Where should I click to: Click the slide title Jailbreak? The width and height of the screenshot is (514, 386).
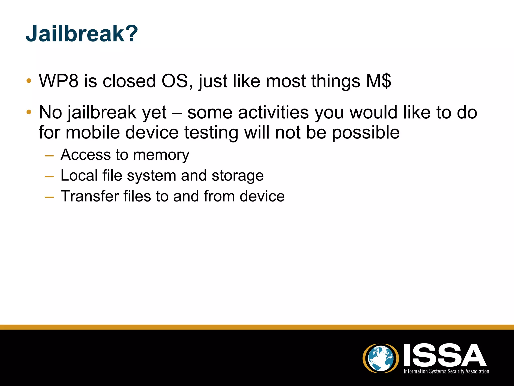(x=82, y=34)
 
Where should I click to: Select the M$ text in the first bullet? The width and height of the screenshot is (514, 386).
(x=378, y=81)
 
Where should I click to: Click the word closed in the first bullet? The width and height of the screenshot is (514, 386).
(x=129, y=81)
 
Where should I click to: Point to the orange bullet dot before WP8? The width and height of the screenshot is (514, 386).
(x=29, y=81)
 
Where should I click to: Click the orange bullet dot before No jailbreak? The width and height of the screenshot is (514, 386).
(x=29, y=112)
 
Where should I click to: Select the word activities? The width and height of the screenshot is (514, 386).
(x=273, y=112)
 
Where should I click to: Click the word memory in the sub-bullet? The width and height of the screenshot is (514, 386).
(x=161, y=155)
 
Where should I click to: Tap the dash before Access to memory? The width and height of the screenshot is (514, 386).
(x=49, y=156)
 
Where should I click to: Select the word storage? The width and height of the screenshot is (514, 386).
(x=237, y=176)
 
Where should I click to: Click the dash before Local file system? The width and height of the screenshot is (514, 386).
(x=49, y=177)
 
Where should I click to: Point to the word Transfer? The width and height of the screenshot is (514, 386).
(x=90, y=196)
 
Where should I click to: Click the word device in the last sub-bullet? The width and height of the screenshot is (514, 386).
(x=262, y=196)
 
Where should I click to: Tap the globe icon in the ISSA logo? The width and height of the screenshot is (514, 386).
(x=380, y=358)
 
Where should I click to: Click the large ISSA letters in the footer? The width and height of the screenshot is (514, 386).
(x=445, y=355)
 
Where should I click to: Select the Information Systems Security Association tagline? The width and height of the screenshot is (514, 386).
(x=446, y=371)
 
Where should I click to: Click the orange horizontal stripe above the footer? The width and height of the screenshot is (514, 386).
(x=257, y=327)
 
